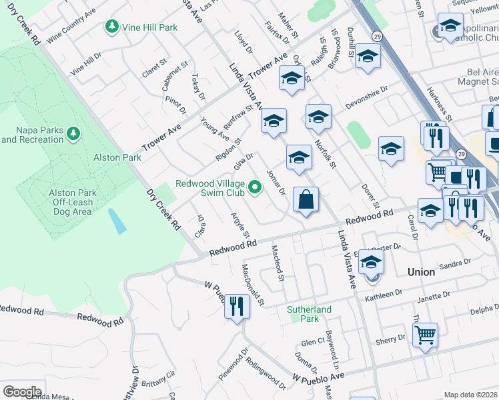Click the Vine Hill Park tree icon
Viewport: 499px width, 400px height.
click(x=112, y=27)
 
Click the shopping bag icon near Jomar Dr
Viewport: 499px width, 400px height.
click(x=306, y=200)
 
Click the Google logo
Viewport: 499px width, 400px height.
click(x=22, y=392)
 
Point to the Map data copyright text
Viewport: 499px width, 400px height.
click(x=470, y=395)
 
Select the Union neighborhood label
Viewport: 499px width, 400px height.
click(x=421, y=272)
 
